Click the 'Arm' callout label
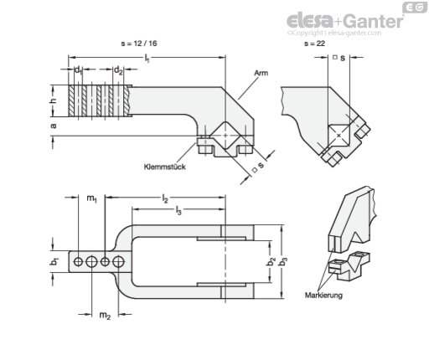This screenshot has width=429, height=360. (261, 73)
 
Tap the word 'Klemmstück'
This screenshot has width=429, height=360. (165, 167)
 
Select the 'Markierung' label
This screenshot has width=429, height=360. (323, 295)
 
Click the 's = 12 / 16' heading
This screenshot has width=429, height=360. (139, 44)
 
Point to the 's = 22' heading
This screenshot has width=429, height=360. (314, 44)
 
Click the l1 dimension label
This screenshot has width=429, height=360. (147, 59)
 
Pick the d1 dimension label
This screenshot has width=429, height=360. (78, 70)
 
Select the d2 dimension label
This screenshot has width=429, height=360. (118, 70)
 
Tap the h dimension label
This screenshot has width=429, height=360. (53, 100)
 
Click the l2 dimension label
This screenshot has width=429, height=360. (165, 198)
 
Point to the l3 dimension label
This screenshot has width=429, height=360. (178, 210)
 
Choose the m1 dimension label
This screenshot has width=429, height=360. (91, 198)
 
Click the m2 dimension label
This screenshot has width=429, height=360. (105, 316)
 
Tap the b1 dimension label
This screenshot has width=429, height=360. (54, 262)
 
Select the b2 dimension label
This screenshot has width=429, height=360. (271, 262)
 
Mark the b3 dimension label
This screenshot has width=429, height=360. (284, 262)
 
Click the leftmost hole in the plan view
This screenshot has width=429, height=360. (78, 262)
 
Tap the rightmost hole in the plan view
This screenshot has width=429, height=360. (118, 262)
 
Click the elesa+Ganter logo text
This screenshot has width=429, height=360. (345, 20)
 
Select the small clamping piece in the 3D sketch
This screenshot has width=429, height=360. (349, 265)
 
